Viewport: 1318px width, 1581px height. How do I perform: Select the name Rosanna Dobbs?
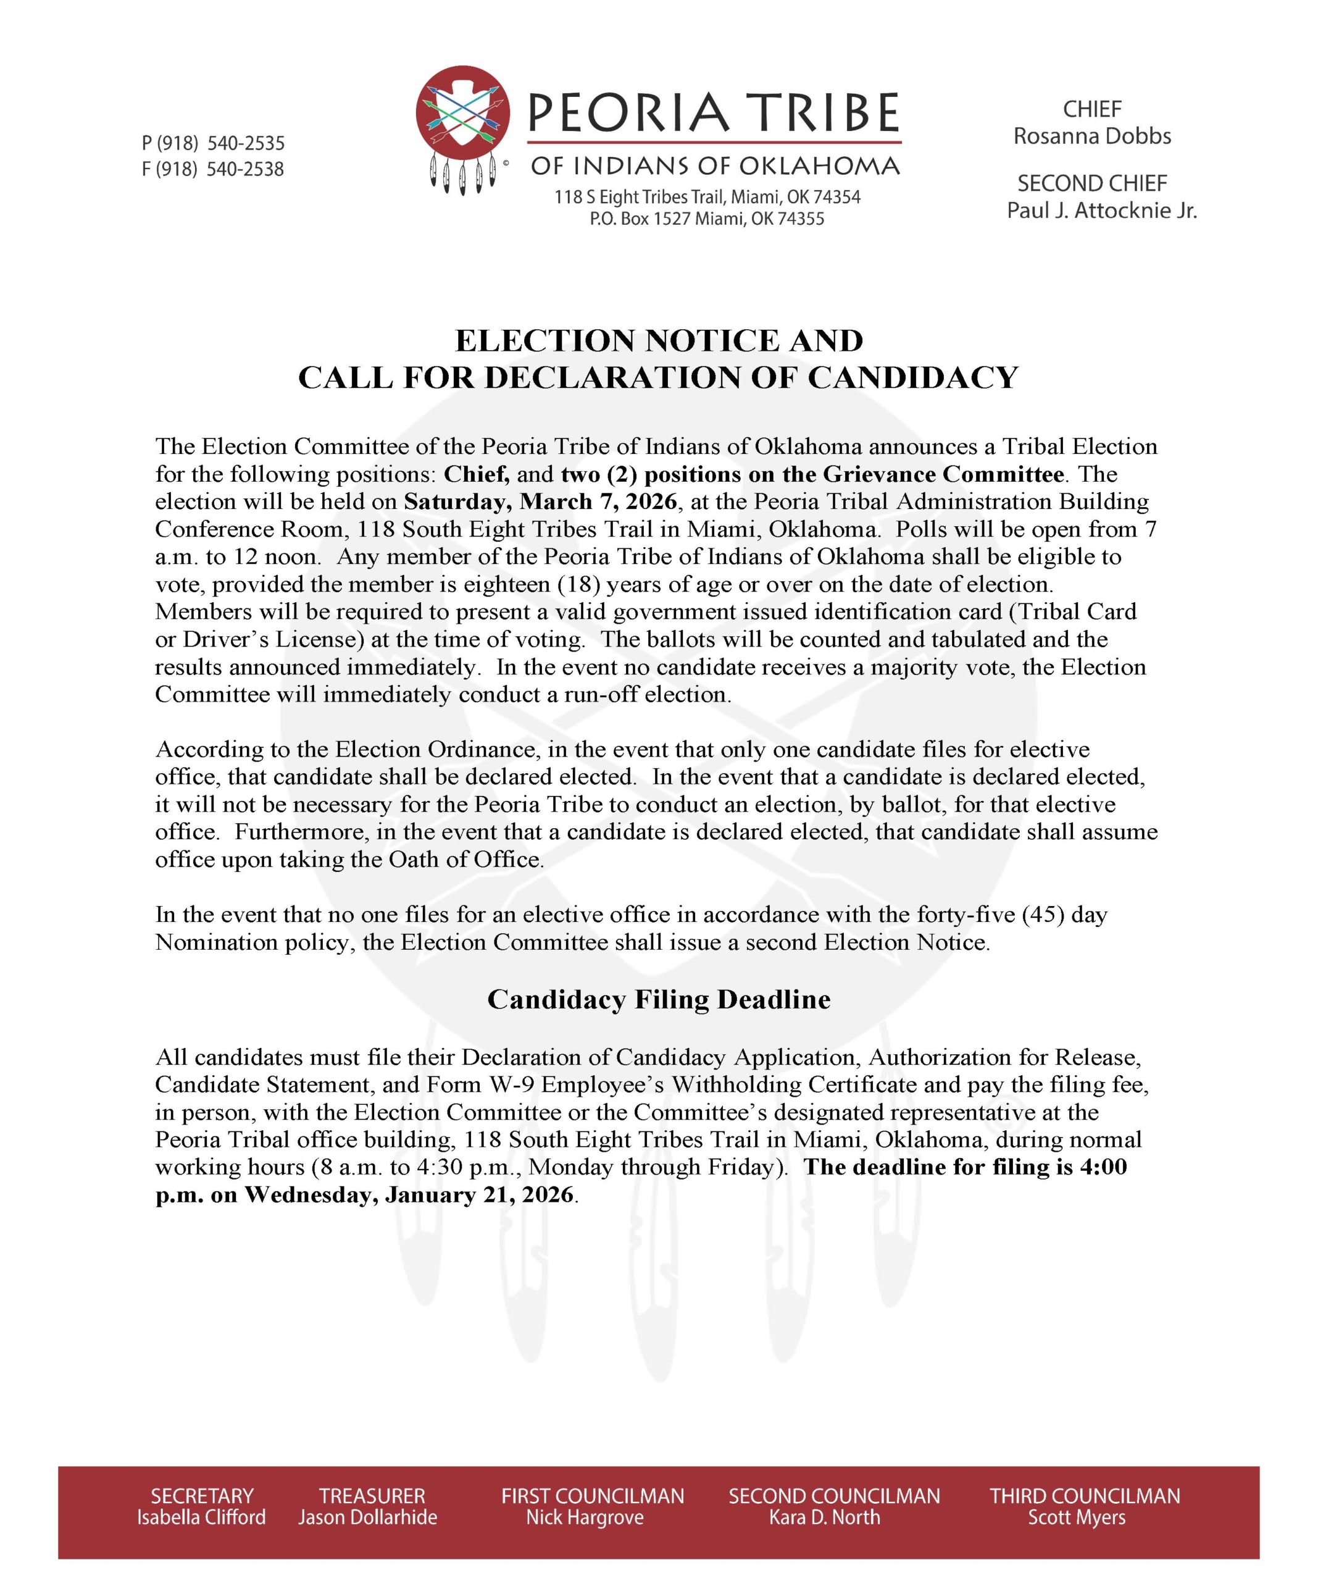click(x=1091, y=136)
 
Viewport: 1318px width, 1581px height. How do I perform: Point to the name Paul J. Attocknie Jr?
click(x=1101, y=210)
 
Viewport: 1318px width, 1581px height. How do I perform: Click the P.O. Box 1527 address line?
click(x=707, y=219)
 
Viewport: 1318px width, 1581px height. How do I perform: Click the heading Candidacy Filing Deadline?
click(x=659, y=999)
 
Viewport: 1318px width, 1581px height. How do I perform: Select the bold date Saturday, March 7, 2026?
click(x=540, y=501)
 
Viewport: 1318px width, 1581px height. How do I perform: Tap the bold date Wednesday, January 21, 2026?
click(x=409, y=1195)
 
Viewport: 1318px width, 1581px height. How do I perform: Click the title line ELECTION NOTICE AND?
click(x=659, y=340)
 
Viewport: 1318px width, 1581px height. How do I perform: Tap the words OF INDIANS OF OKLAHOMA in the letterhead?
click(x=715, y=166)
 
